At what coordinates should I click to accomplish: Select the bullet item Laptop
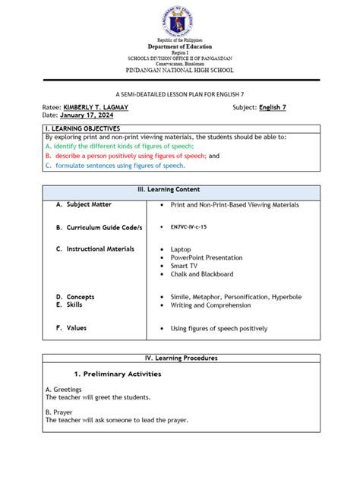pos(181,249)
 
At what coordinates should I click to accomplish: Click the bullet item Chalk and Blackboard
pos(202,274)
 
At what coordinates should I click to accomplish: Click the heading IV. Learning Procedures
pos(181,357)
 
